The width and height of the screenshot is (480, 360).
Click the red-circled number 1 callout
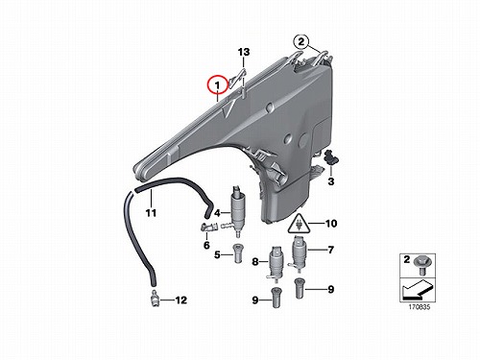pos(217,85)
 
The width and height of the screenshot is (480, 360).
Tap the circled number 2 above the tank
pos(301,41)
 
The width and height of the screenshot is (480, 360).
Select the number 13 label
pos(244,52)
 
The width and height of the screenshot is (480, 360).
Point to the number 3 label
pos(331,181)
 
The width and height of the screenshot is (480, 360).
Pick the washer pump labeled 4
pos(237,210)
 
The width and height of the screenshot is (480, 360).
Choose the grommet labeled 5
pos(237,253)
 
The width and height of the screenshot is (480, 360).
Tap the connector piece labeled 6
pos(208,227)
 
